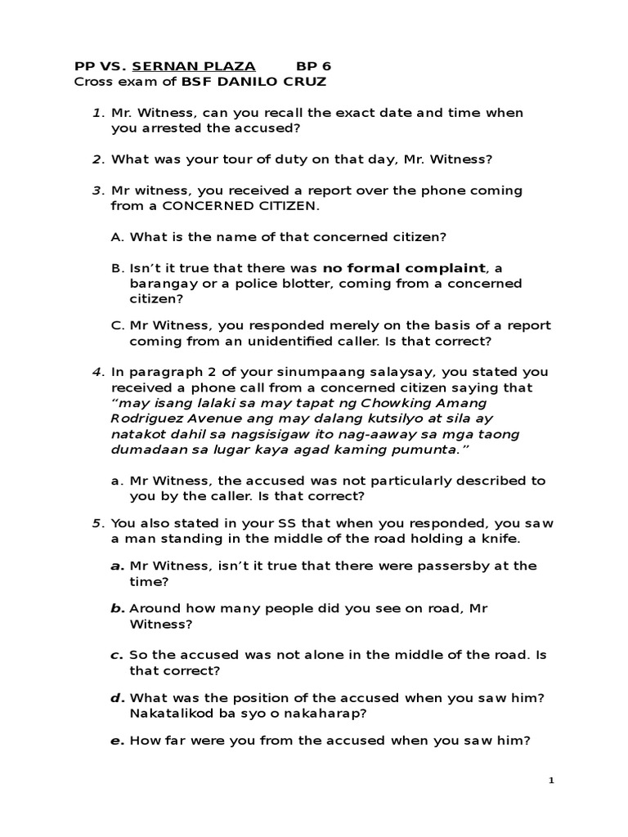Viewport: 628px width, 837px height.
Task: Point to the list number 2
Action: click(x=96, y=159)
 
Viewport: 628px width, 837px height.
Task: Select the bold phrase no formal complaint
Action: click(x=404, y=267)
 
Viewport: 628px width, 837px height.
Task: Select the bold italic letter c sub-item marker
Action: click(x=116, y=655)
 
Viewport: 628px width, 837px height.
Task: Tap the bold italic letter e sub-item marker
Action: click(x=116, y=741)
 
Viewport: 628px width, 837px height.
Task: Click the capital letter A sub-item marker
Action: click(x=116, y=237)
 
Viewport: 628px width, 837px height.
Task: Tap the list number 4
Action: click(x=96, y=372)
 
